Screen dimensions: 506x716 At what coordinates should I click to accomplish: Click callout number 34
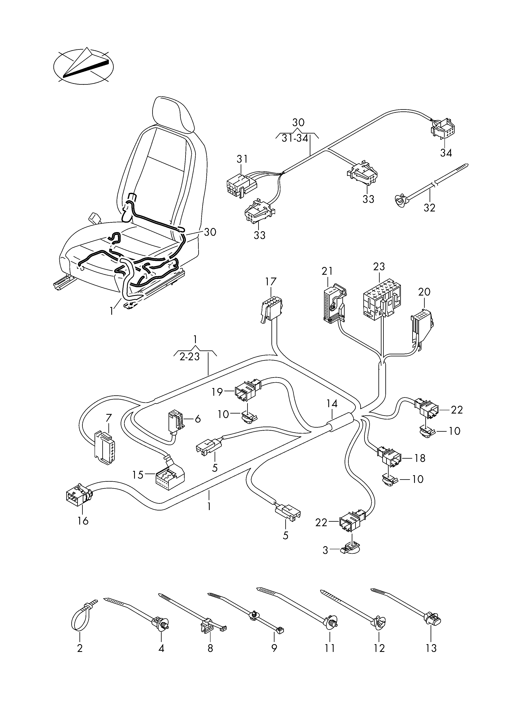tap(446, 153)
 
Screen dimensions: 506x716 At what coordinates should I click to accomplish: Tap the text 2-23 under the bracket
tap(190, 357)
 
